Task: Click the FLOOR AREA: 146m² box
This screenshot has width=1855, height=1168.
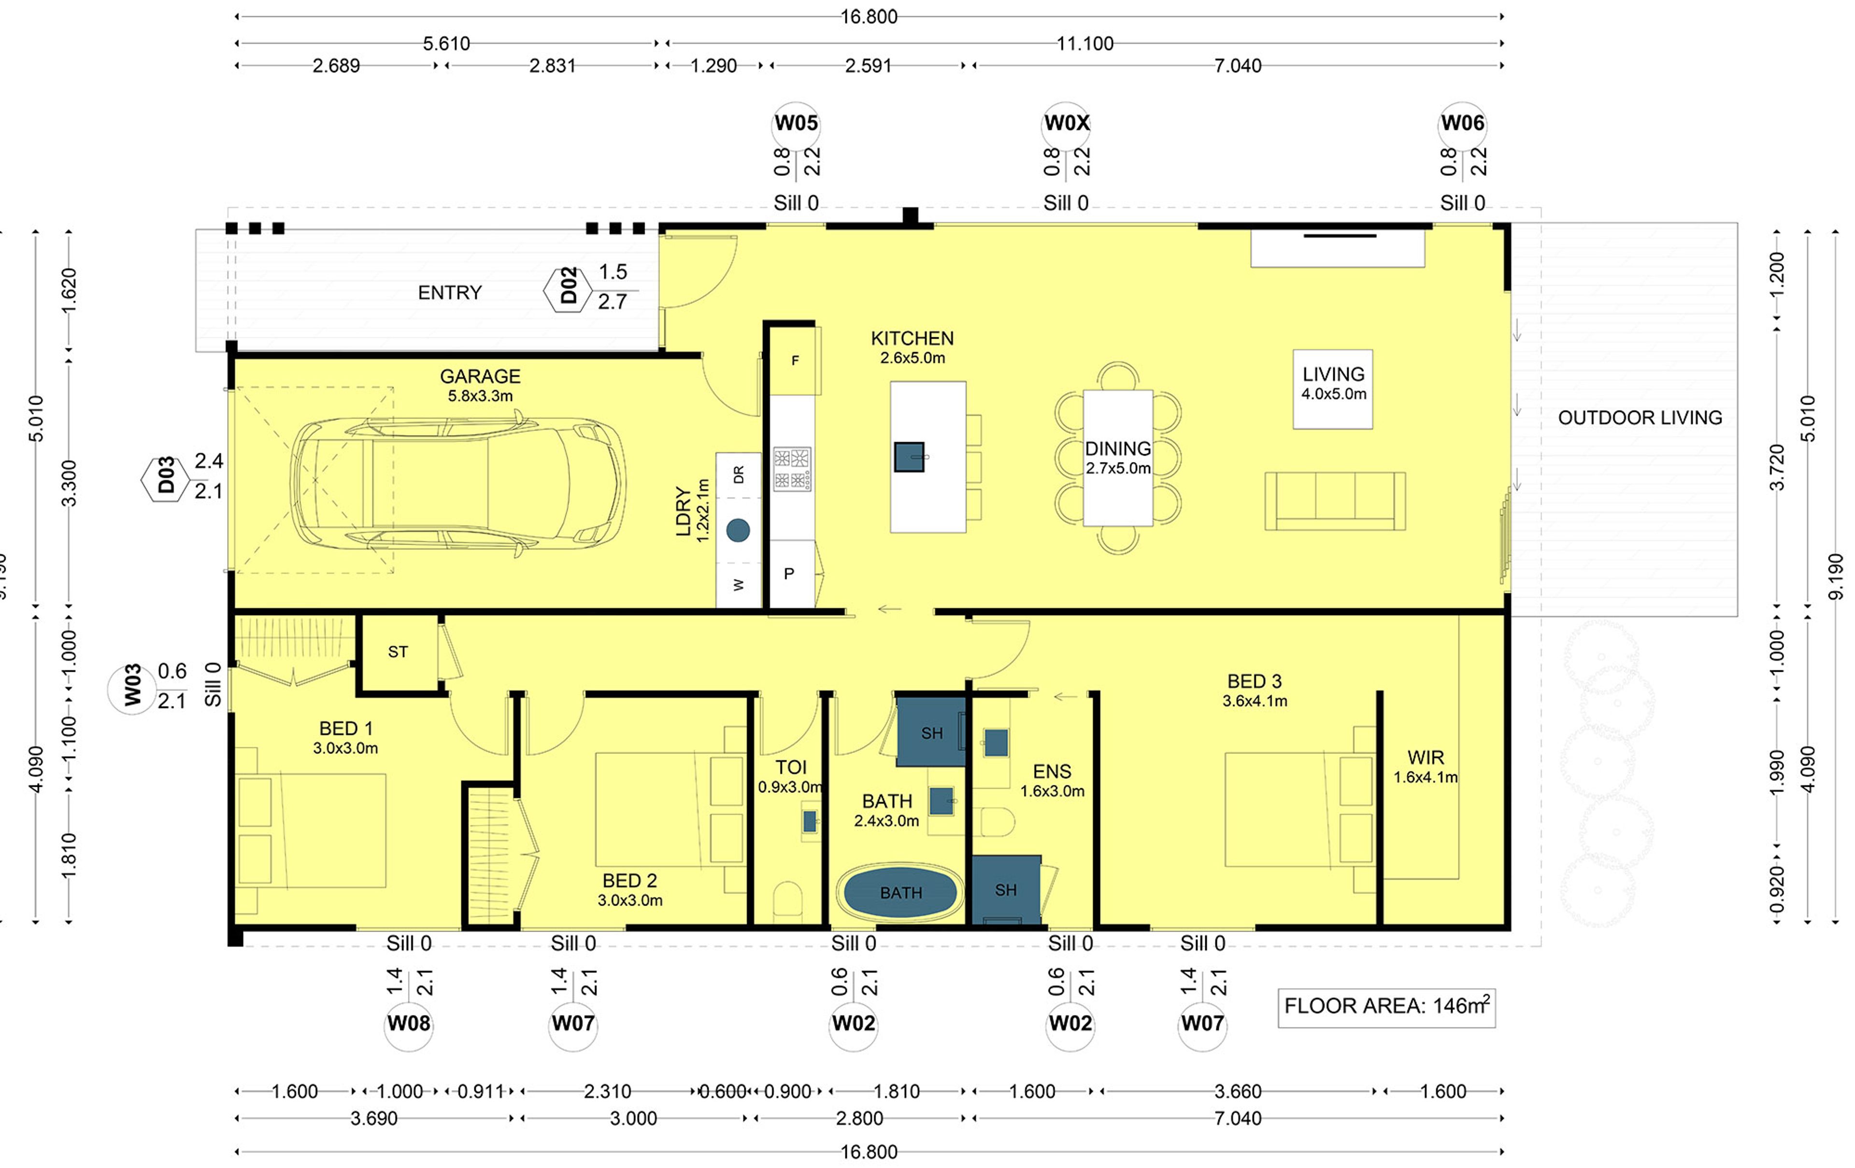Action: (x=1386, y=1007)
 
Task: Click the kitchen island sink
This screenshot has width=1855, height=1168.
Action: (x=909, y=457)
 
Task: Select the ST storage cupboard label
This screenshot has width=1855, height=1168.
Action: (x=398, y=652)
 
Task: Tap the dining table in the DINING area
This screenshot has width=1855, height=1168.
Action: (x=1118, y=459)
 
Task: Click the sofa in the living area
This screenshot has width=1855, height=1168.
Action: (x=1334, y=501)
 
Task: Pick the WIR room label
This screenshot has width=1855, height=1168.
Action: (x=1425, y=758)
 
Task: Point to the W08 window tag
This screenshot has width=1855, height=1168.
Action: (x=408, y=1024)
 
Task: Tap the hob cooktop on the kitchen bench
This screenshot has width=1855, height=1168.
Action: (x=791, y=469)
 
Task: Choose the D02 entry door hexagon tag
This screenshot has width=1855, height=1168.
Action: (x=568, y=287)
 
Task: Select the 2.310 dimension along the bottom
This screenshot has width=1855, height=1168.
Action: (x=607, y=1092)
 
